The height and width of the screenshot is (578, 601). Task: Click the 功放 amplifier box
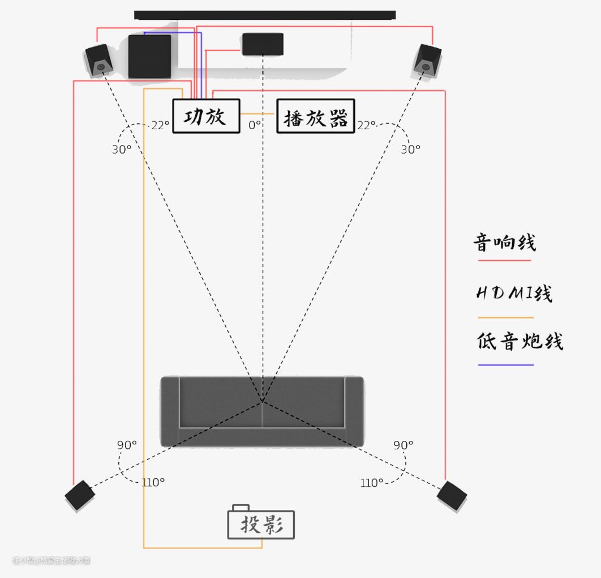[x=206, y=116]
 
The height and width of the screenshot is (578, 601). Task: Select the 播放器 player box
[x=315, y=116]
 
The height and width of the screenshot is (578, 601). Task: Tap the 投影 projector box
[x=261, y=525]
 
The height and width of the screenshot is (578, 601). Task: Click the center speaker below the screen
[x=263, y=44]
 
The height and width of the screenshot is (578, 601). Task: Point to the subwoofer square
[x=149, y=56]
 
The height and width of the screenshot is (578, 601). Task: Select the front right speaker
[x=427, y=59]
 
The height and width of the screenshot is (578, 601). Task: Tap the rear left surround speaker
[x=80, y=495]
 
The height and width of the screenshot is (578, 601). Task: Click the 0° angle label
[x=255, y=125]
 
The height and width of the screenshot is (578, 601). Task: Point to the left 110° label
[x=153, y=482]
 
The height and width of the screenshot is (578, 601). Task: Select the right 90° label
[x=403, y=445]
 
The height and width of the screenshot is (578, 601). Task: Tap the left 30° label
[x=121, y=150]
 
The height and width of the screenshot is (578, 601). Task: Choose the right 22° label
[x=366, y=125]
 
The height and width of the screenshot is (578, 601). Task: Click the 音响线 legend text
[x=504, y=243]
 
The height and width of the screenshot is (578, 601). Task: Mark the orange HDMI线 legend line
[x=505, y=317]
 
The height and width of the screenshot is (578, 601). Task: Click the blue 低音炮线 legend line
[x=505, y=365]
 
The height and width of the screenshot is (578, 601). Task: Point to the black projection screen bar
[x=265, y=15]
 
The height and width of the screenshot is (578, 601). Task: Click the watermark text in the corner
[x=51, y=560]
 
